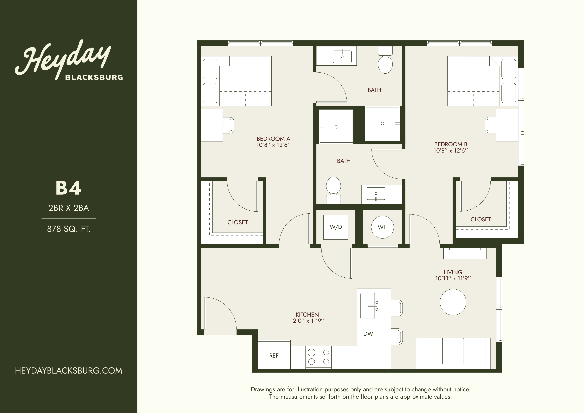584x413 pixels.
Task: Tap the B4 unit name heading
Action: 68,188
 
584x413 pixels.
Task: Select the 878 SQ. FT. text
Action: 69,229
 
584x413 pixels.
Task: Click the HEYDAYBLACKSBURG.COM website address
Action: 69,371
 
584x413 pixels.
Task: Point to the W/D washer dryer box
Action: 336,227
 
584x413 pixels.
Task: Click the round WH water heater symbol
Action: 383,227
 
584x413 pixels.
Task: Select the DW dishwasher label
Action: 368,334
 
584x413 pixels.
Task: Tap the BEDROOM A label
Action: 273,139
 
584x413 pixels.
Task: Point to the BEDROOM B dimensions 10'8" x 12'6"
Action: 451,151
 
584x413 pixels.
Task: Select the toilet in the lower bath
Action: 333,190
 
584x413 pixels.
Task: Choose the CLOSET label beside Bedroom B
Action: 480,219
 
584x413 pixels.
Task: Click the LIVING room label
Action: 453,272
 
